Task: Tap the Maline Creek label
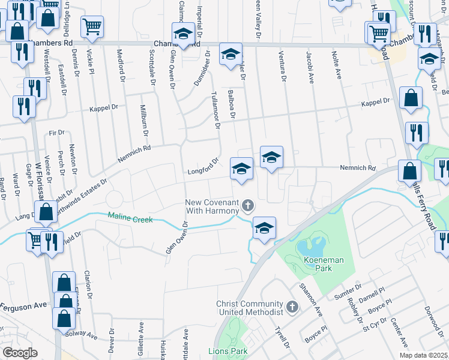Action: (130, 217)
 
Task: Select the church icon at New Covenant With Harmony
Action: (247, 208)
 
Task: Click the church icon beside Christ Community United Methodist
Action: (292, 307)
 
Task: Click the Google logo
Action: (20, 352)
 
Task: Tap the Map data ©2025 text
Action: (423, 355)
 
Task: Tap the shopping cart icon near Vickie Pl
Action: (92, 26)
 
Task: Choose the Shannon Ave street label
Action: (315, 302)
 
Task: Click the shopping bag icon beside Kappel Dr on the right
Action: (411, 98)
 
